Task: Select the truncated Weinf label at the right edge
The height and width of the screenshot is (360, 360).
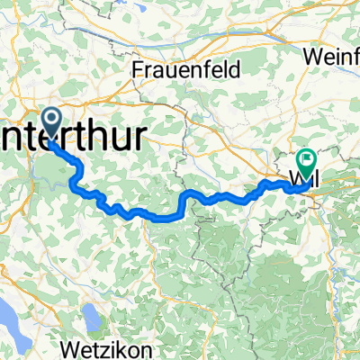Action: pyautogui.click(x=332, y=56)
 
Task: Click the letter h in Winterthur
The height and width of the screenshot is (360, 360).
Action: pyautogui.click(x=136, y=128)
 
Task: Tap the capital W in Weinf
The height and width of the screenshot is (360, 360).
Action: pyautogui.click(x=311, y=56)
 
